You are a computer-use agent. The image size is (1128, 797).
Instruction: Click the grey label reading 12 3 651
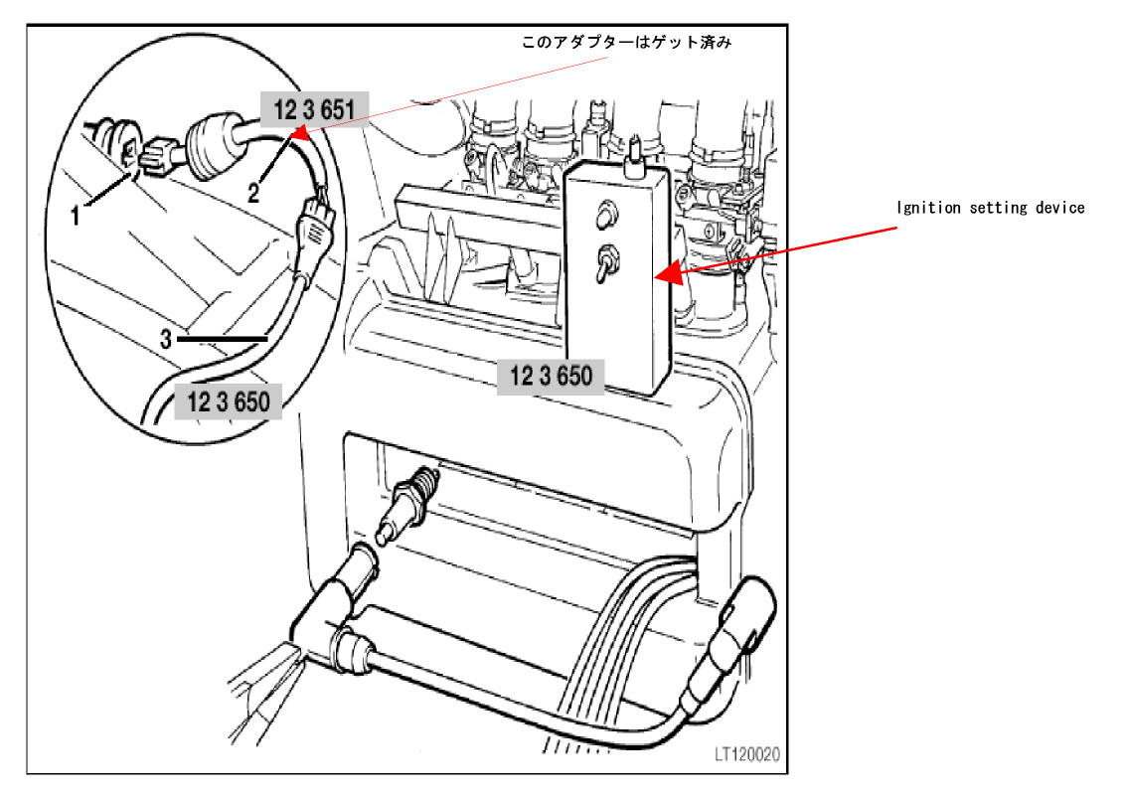[x=314, y=109]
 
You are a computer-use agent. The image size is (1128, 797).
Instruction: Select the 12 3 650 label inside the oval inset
[x=228, y=400]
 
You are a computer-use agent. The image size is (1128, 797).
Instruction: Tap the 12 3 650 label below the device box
[x=551, y=376]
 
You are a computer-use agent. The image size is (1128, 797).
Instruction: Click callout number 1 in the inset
[x=75, y=215]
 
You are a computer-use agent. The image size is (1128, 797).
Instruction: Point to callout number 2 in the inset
[x=254, y=192]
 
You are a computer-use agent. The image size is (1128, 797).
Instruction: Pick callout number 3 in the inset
[x=166, y=339]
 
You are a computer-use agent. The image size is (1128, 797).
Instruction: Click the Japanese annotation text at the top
[x=626, y=43]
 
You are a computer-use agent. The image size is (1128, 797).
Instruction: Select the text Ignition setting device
[x=991, y=208]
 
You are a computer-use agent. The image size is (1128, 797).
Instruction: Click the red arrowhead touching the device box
[x=668, y=272]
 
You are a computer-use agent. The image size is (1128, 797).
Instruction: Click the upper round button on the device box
[x=606, y=215]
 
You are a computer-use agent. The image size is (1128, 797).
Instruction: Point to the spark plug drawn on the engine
[x=407, y=506]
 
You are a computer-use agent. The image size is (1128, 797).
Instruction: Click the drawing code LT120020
[x=746, y=754]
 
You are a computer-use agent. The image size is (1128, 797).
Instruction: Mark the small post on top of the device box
[x=634, y=158]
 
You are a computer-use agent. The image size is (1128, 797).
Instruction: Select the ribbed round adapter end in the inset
[x=215, y=146]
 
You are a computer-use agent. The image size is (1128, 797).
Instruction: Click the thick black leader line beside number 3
[x=223, y=338]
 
